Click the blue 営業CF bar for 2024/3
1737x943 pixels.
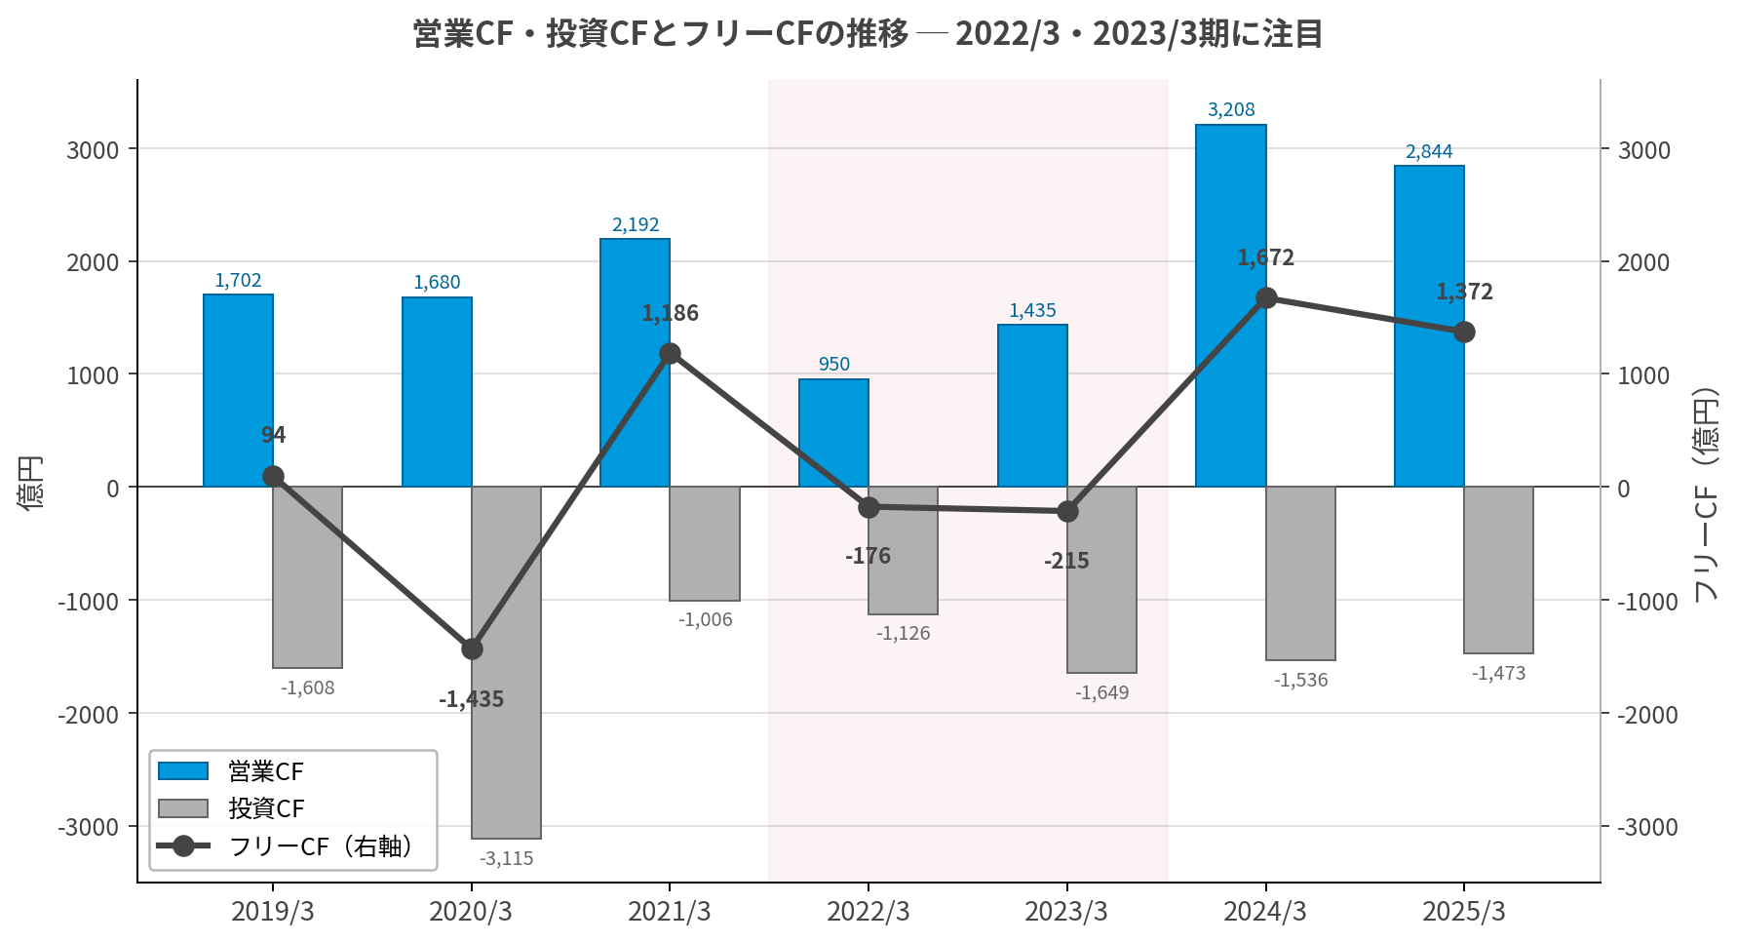coord(1230,305)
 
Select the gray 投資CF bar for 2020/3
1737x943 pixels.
coord(506,662)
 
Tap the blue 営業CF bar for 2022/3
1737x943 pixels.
coord(833,433)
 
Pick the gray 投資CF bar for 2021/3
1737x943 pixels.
coord(705,543)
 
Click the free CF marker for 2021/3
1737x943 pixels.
coord(670,353)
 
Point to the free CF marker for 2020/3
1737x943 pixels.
coord(472,648)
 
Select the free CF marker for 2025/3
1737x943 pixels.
coord(1464,333)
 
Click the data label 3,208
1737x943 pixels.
coord(1231,109)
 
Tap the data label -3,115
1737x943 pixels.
coord(506,858)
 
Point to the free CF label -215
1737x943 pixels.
coord(1066,561)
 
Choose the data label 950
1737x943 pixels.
coord(833,364)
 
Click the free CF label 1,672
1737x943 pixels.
coord(1265,257)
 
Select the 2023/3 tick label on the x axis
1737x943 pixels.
coord(1066,911)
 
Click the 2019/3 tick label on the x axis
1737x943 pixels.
coord(273,911)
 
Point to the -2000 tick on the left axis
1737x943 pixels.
coord(88,714)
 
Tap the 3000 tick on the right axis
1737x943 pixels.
coord(1643,150)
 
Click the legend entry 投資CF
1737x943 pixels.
coord(266,808)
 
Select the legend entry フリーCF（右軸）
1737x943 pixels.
coord(320,845)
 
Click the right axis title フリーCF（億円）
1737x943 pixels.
coord(1705,494)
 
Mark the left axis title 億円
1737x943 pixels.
coord(31,483)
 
